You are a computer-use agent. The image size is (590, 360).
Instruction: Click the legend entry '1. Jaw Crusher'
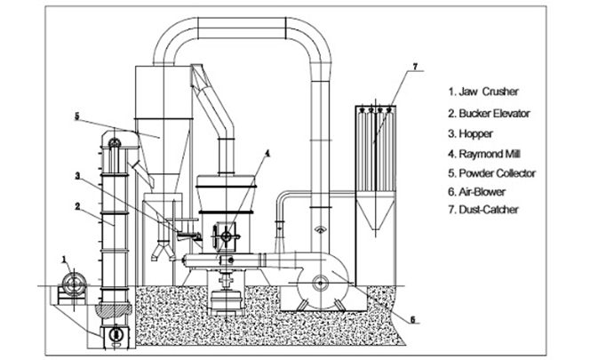click(483, 92)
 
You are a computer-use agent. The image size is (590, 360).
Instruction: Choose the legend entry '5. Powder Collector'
click(494, 172)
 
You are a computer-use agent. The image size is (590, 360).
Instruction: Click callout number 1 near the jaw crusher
click(64, 260)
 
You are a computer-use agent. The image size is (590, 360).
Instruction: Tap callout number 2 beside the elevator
click(79, 206)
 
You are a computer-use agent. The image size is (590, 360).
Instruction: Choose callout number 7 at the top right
click(414, 68)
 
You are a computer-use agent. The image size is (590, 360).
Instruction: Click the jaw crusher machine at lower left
click(71, 288)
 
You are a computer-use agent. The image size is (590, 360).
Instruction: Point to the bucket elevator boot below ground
click(116, 333)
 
